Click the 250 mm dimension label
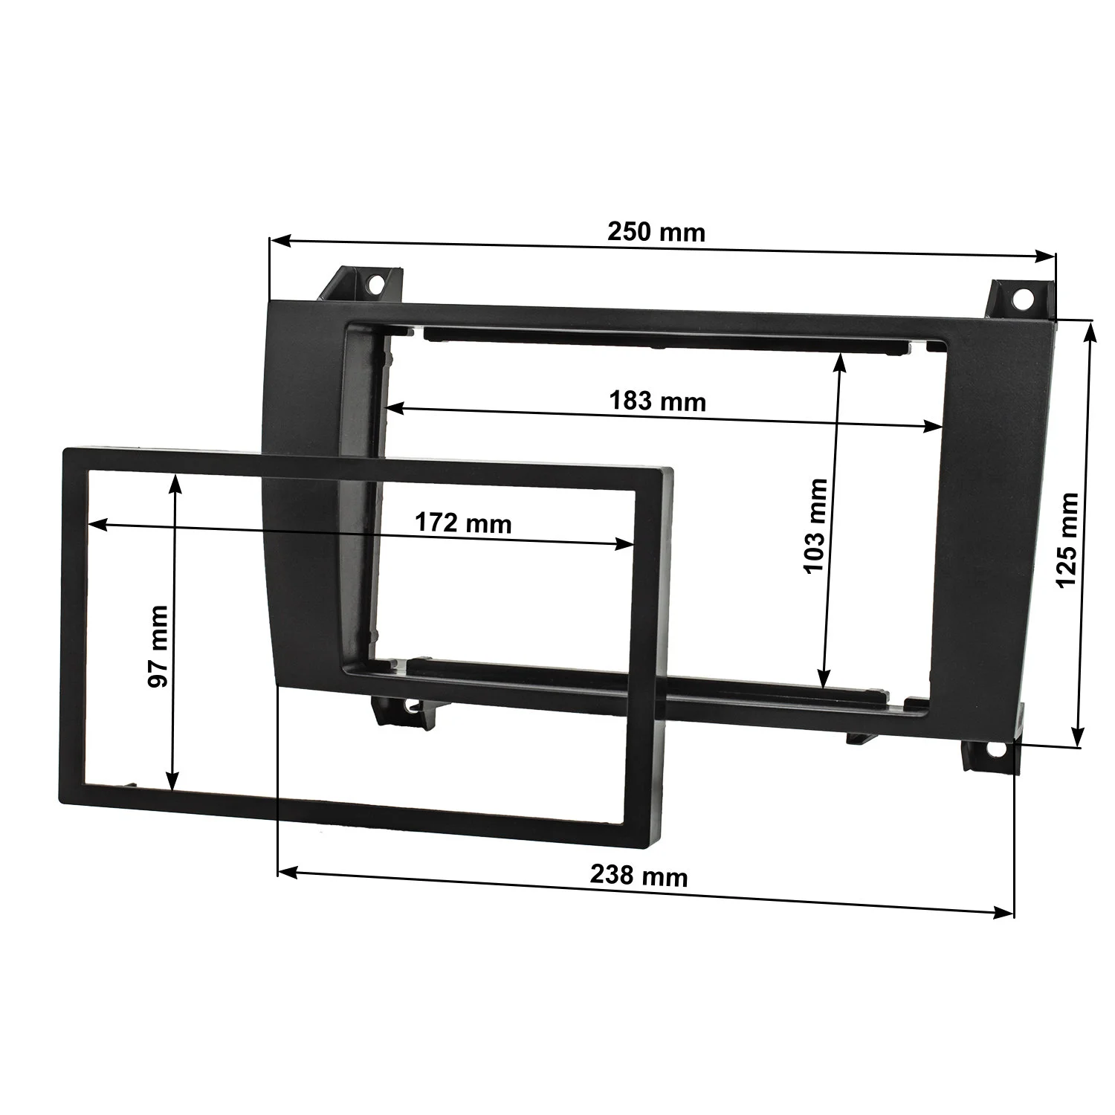point(656,232)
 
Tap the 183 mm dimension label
point(657,401)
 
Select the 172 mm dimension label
point(463,523)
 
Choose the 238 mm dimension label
point(639,876)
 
